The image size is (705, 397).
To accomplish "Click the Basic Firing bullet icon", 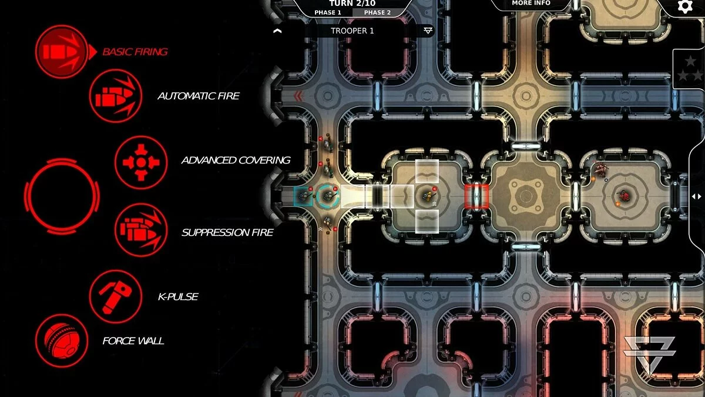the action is pos(62,52).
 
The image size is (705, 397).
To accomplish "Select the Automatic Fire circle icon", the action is pos(116,96).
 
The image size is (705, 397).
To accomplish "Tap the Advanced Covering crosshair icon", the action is pos(141,162).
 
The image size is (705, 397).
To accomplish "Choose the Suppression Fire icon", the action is pos(141,230).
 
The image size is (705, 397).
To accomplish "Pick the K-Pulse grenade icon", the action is pos(116,296).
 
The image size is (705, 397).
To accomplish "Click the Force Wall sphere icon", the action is pos(62,341).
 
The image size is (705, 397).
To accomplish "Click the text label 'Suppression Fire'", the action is pos(227,232).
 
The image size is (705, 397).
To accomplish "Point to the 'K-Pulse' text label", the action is pos(178,297).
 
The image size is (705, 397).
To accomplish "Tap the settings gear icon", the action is pos(685,6).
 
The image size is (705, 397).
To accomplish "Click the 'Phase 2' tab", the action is pos(377,12).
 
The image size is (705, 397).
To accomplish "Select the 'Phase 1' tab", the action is pos(328,12).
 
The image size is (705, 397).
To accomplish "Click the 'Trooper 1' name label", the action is pos(352,31).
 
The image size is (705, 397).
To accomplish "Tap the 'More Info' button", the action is pos(531,3).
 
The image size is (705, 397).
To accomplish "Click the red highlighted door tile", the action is pos(476,196).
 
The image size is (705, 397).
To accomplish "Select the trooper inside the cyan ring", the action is pos(328,196).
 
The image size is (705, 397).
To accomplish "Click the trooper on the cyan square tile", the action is pos(303,196).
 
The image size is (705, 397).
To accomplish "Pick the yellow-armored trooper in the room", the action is pos(428,196).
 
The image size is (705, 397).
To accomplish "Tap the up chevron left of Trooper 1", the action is pos(277,31).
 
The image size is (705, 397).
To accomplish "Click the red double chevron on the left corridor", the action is pos(298,96).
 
